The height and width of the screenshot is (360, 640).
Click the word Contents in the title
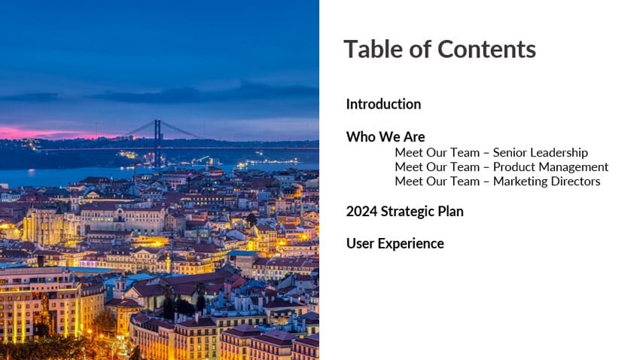(486, 50)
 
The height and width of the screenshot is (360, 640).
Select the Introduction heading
(383, 104)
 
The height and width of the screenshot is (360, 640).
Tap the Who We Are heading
(386, 137)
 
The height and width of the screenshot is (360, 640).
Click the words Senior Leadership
(541, 153)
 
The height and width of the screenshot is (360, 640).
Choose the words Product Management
(550, 167)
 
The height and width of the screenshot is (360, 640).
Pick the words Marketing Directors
(547, 182)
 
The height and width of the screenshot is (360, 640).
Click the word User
(360, 243)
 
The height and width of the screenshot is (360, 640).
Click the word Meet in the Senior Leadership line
(409, 153)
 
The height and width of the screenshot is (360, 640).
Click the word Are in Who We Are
(414, 137)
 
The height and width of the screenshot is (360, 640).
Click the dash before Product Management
(486, 168)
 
